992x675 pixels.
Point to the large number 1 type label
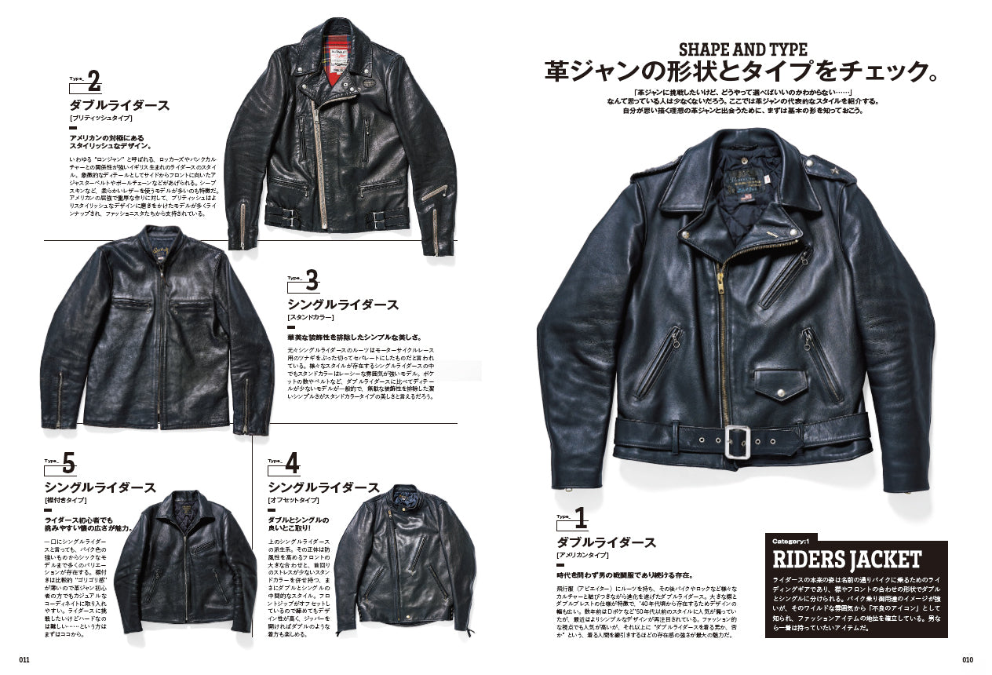coord(580,518)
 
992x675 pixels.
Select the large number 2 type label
coord(93,81)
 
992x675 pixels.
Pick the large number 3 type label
coord(311,280)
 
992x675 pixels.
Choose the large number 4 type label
coord(292,464)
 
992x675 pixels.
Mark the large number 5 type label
coord(68,464)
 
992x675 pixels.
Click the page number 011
coord(24,659)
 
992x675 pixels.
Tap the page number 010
coord(967,659)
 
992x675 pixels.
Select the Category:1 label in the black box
coord(795,541)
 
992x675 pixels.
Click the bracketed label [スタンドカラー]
coord(310,317)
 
